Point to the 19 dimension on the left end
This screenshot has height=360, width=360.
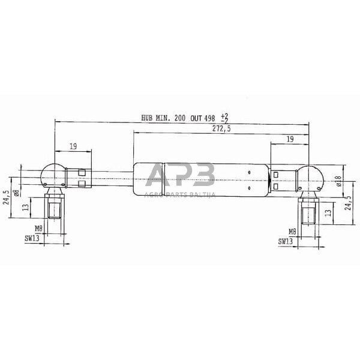(x=73, y=146)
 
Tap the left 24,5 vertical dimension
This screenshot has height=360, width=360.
(x=7, y=197)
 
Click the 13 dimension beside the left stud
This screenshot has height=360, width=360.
(x=25, y=207)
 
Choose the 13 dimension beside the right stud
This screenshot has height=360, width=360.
(x=328, y=212)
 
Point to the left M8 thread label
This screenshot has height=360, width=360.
(x=38, y=229)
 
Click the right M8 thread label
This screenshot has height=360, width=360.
(x=292, y=232)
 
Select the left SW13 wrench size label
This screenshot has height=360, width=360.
(x=32, y=238)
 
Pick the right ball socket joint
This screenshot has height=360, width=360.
(x=311, y=178)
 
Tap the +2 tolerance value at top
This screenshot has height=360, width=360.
(x=224, y=115)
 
